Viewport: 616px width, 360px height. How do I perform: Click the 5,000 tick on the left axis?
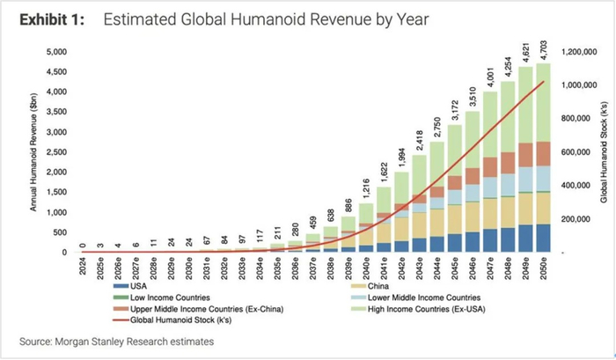coord(55,52)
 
